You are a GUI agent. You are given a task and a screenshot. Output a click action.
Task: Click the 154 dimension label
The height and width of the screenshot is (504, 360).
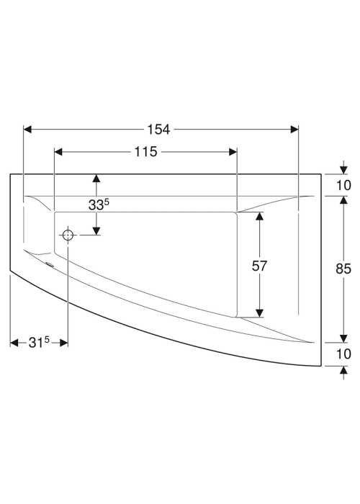pyautogui.click(x=158, y=129)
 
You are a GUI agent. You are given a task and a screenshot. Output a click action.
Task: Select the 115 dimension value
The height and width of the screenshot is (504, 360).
pyautogui.click(x=145, y=152)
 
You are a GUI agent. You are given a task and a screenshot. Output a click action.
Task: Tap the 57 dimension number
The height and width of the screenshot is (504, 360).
pyautogui.click(x=259, y=266)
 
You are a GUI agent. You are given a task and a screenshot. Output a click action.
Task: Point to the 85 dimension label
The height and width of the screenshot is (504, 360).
pyautogui.click(x=343, y=269)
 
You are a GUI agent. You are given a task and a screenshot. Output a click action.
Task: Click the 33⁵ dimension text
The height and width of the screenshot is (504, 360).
pyautogui.click(x=99, y=204)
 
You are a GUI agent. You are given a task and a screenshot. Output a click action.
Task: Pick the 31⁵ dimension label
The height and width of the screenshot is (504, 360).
pyautogui.click(x=39, y=343)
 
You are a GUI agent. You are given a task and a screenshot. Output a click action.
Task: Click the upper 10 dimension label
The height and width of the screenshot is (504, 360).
pyautogui.click(x=343, y=186)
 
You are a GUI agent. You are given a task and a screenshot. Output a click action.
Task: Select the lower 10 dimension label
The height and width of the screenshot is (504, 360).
pyautogui.click(x=343, y=354)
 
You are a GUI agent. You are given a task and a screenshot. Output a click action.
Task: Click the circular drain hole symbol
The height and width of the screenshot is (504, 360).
pyautogui.click(x=68, y=235)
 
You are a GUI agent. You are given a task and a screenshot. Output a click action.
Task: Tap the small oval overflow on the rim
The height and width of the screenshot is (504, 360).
pyautogui.click(x=50, y=264)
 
